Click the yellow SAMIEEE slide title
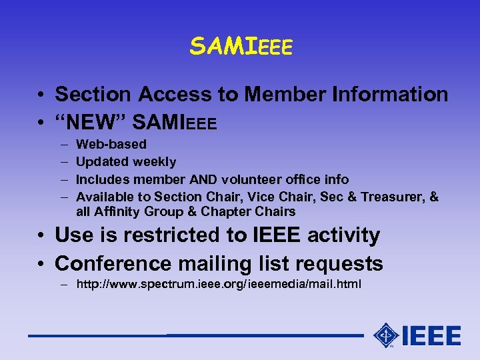241,46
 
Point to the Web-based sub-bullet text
111,144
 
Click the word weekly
155,161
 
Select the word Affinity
117,212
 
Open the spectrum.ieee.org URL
219,285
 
